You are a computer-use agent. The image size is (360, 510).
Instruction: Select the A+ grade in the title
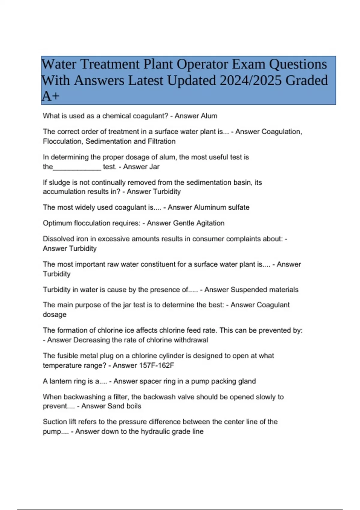click(50, 96)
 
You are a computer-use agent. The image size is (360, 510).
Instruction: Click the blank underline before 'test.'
click(77, 167)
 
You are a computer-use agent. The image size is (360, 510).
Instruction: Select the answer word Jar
click(154, 167)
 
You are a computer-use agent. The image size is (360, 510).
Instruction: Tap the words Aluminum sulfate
click(222, 207)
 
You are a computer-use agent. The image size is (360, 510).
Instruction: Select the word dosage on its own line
click(55, 315)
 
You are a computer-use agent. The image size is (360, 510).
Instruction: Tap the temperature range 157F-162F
click(157, 365)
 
